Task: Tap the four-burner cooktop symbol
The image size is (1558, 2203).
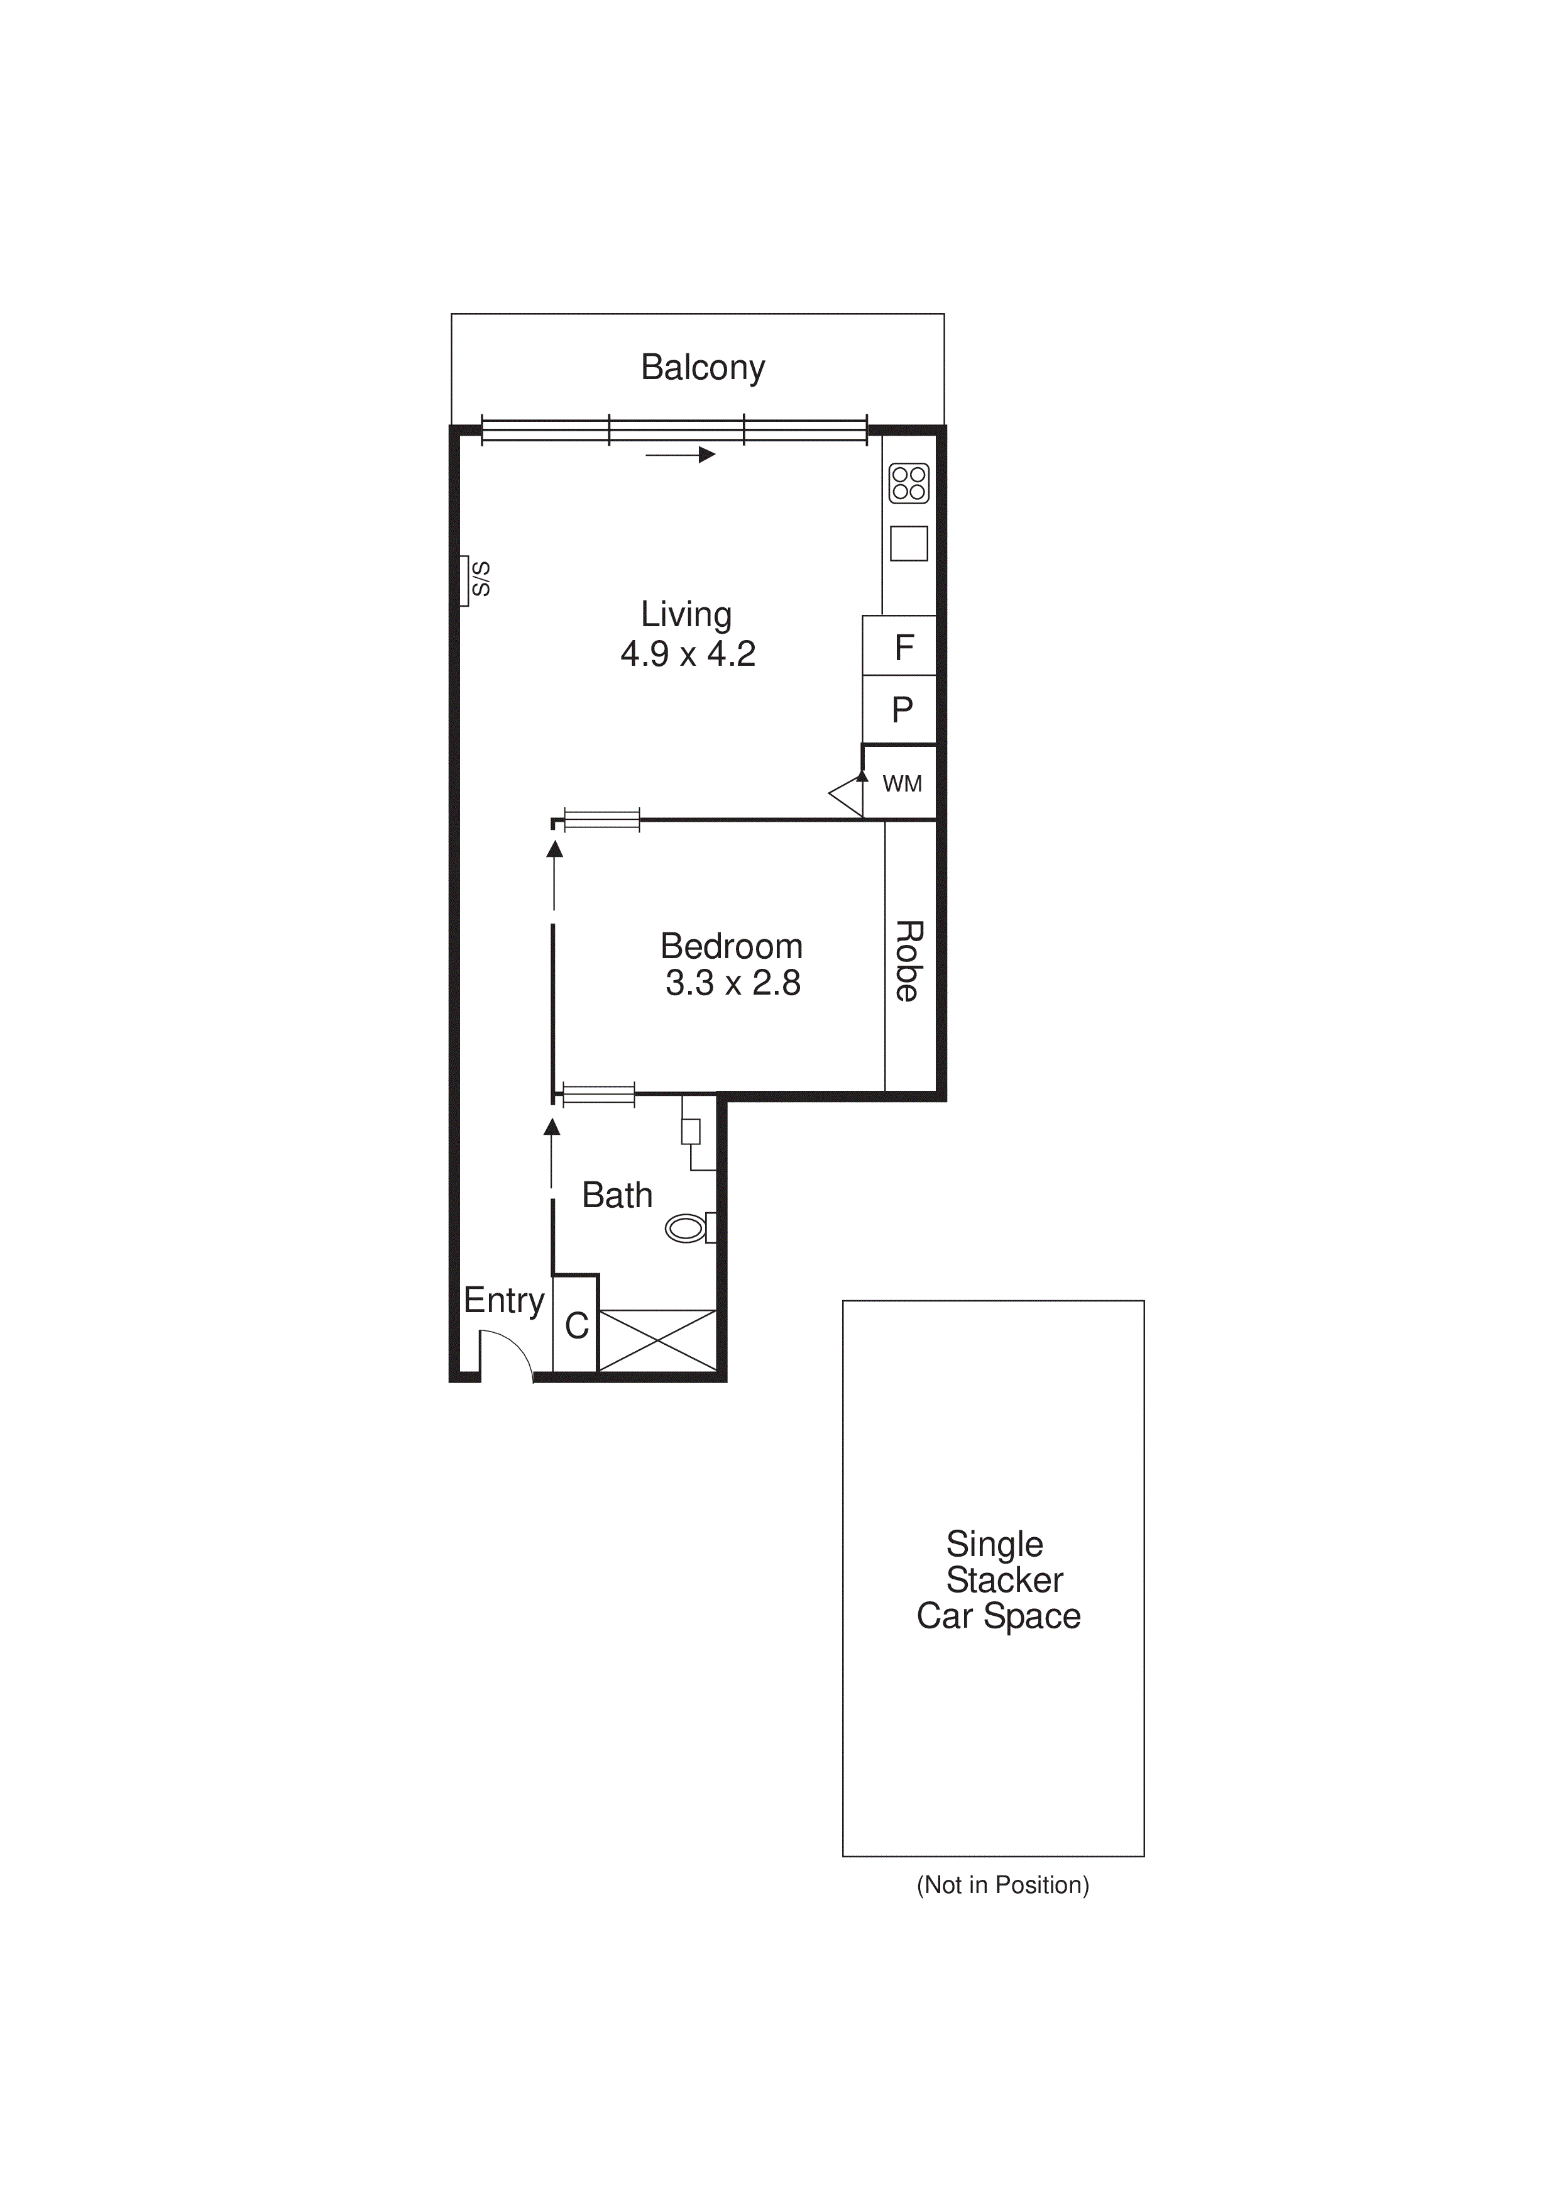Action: (909, 483)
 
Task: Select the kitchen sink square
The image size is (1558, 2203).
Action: (909, 544)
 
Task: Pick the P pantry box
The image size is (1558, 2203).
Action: (902, 710)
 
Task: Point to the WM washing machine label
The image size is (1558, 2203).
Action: (902, 784)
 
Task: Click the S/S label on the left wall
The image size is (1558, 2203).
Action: (480, 580)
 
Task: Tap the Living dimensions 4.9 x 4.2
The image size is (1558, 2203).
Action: (688, 654)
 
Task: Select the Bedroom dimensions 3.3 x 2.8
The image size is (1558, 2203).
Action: (733, 983)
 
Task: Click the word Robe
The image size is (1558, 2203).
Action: (909, 961)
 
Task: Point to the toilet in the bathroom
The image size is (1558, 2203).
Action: (686, 1228)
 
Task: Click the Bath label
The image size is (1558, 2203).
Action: (617, 1196)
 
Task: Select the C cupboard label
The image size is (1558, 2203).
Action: (576, 1326)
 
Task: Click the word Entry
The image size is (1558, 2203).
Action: (503, 1300)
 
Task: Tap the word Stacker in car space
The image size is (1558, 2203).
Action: (1004, 1581)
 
